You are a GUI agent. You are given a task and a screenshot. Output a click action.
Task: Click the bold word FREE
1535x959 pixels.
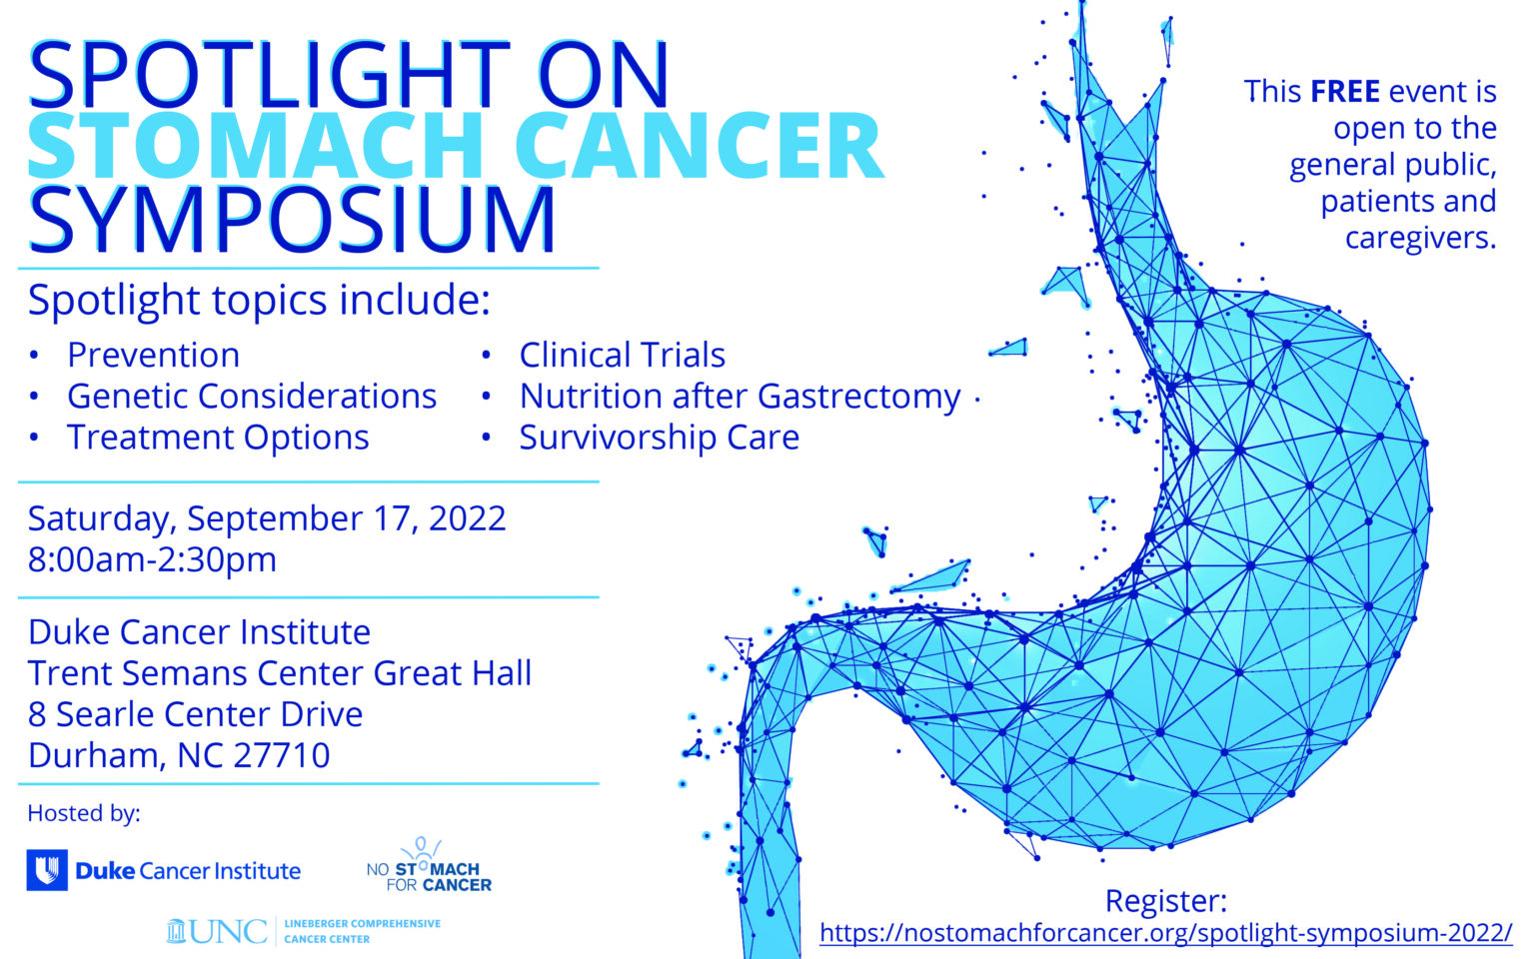click(1344, 92)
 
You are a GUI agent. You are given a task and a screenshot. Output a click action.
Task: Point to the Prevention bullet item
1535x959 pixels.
click(153, 355)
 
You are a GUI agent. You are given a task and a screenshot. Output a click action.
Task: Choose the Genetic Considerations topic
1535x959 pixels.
click(251, 396)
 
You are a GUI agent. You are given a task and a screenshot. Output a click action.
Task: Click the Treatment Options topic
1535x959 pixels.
click(218, 437)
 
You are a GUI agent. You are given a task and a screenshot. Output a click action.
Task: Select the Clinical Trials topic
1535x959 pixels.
click(622, 355)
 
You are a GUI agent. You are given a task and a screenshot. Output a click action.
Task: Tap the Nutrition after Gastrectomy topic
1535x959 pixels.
click(740, 396)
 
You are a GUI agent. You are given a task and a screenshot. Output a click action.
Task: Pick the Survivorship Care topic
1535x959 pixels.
click(659, 437)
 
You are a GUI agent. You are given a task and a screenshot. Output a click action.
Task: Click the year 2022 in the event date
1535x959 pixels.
click(467, 518)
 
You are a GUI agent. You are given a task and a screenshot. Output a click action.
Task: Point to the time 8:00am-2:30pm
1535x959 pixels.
click(152, 559)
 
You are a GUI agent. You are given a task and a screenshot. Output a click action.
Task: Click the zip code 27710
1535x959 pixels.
click(281, 755)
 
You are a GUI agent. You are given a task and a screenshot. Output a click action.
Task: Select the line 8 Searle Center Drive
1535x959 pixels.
click(195, 714)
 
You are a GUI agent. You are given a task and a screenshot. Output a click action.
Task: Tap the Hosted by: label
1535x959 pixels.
click(84, 813)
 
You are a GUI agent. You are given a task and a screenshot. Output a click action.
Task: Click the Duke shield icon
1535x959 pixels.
click(47, 870)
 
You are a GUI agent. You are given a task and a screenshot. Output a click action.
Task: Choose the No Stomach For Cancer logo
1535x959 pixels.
click(429, 867)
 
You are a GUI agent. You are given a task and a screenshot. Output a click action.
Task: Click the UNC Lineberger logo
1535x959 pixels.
click(303, 931)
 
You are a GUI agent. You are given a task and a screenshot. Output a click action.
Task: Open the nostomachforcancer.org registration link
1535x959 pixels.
click(1165, 933)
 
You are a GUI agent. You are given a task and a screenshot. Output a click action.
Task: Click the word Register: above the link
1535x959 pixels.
click(1165, 900)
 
